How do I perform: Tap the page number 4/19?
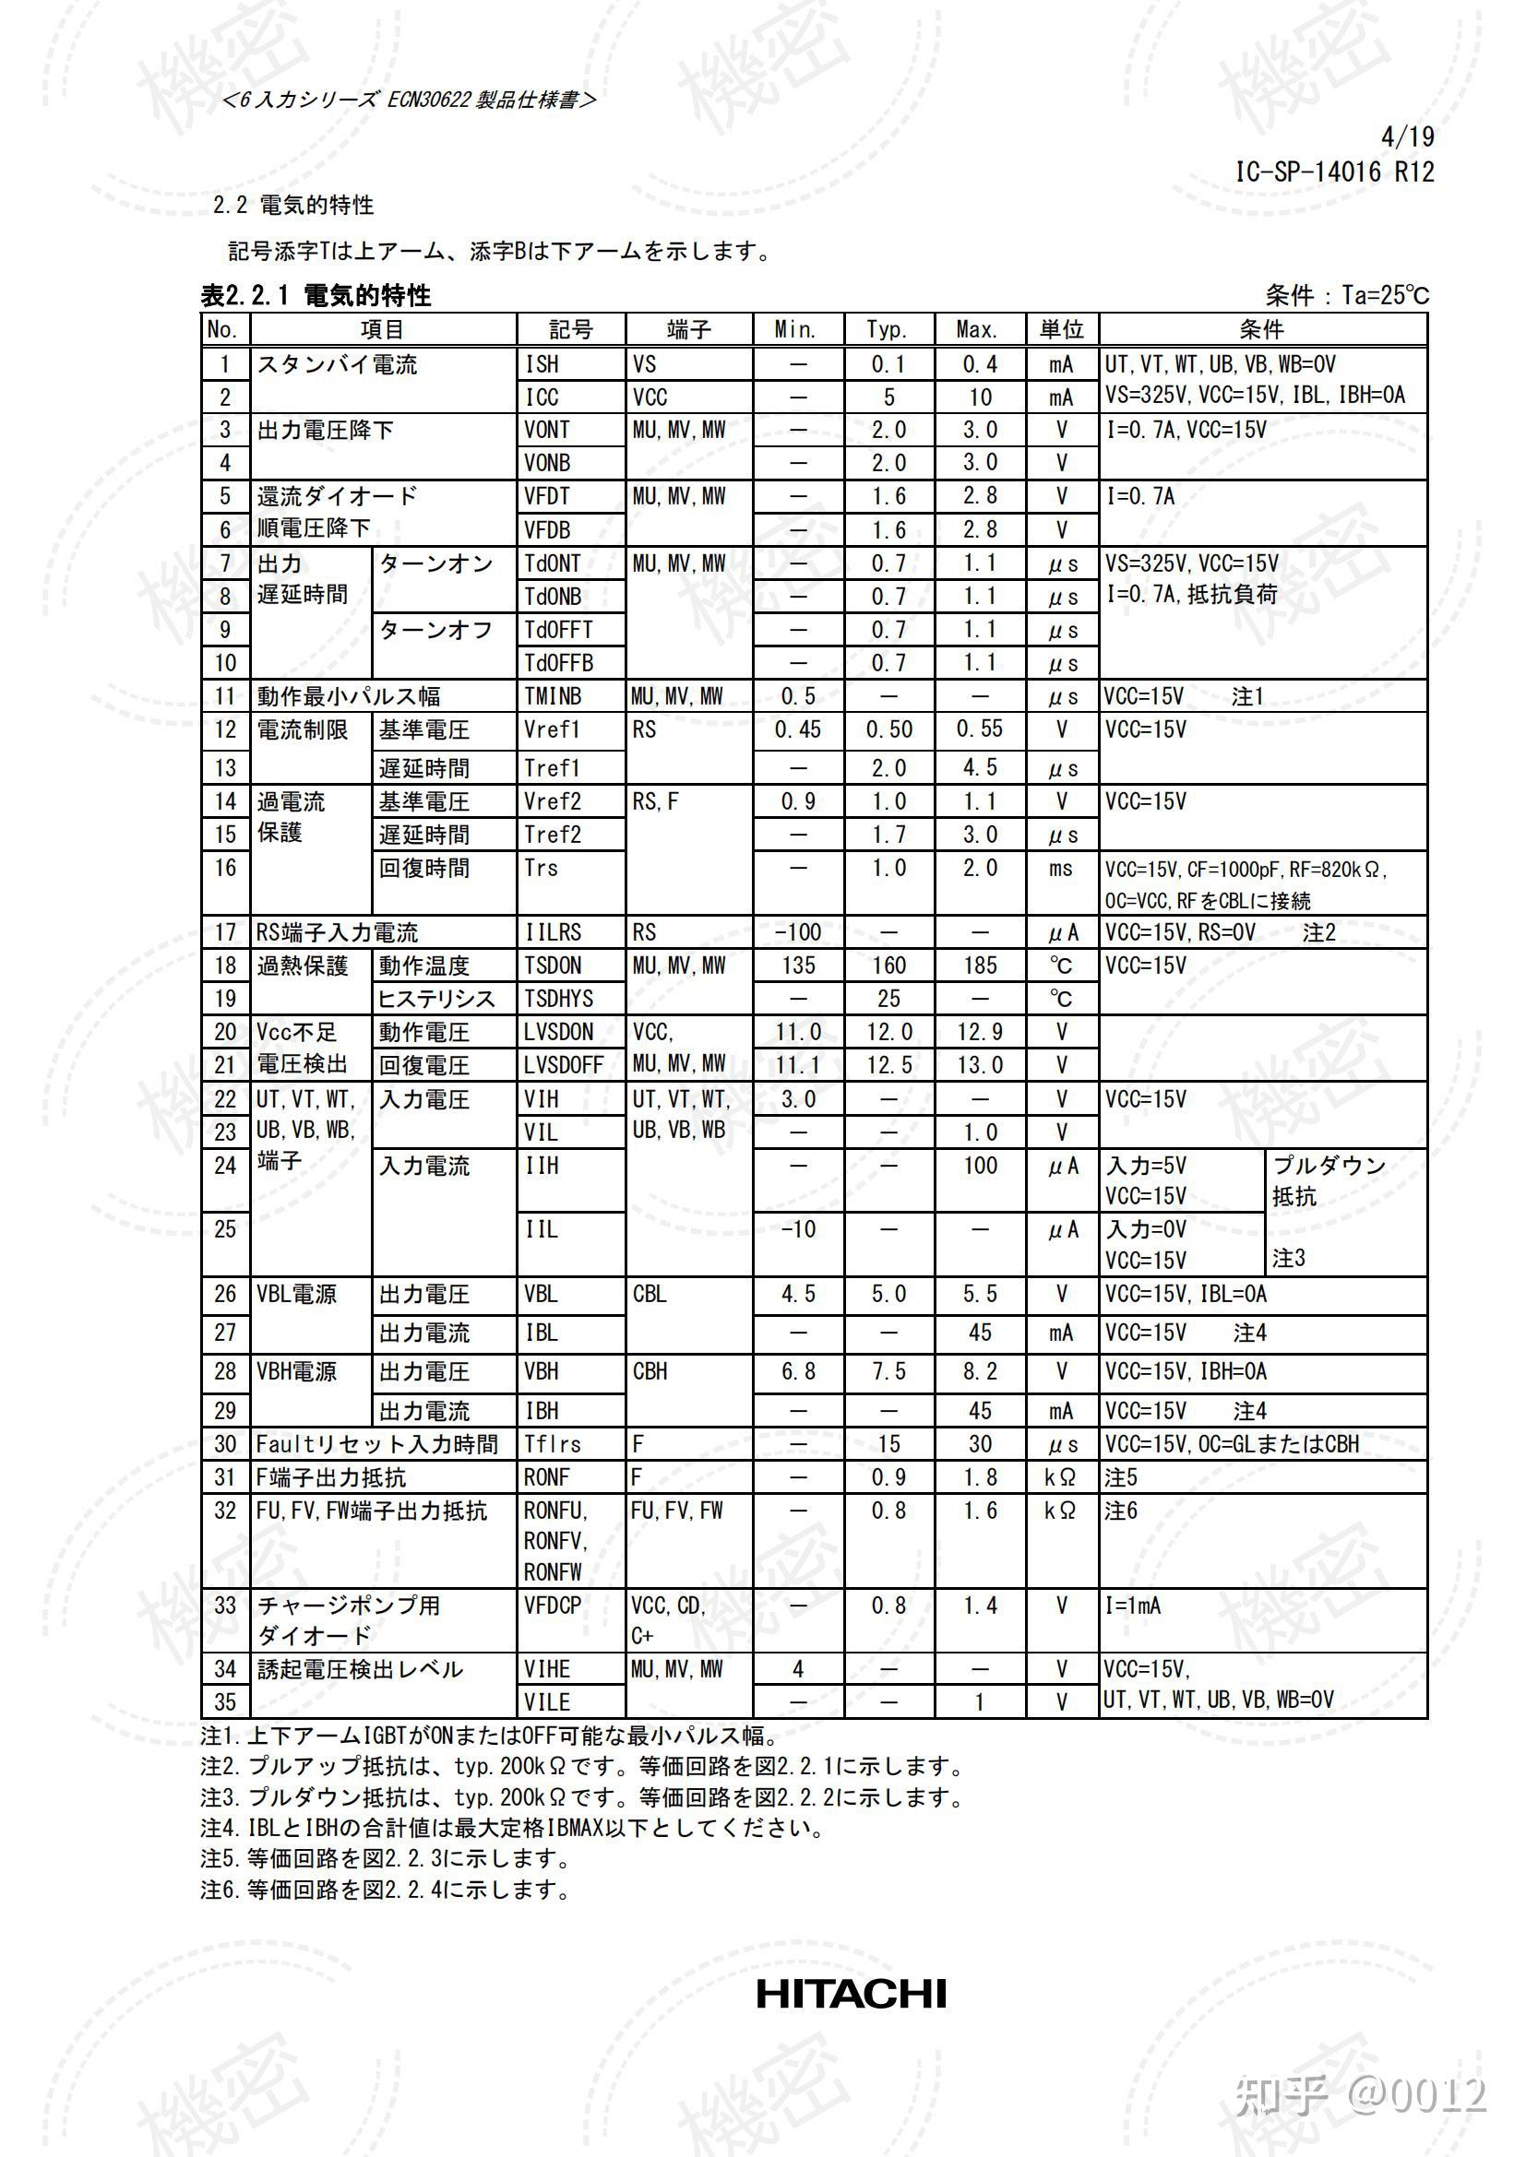pyautogui.click(x=1407, y=137)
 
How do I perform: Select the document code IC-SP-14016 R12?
pyautogui.click(x=1334, y=172)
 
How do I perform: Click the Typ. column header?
pyautogui.click(x=888, y=330)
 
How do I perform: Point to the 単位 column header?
pyautogui.click(x=1062, y=330)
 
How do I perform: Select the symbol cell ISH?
pyautogui.click(x=542, y=364)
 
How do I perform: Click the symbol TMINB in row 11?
pyautogui.click(x=553, y=696)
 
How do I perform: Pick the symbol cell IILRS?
pyautogui.click(x=554, y=932)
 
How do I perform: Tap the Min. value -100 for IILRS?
pyautogui.click(x=798, y=932)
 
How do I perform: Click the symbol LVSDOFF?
pyautogui.click(x=564, y=1065)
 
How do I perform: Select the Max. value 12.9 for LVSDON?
pyautogui.click(x=979, y=1033)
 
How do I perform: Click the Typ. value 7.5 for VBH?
pyautogui.click(x=888, y=1371)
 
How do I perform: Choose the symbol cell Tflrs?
pyautogui.click(x=553, y=1444)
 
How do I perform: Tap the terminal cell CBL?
pyautogui.click(x=650, y=1295)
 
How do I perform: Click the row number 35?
pyautogui.click(x=224, y=1701)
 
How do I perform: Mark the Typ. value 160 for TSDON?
pyautogui.click(x=888, y=966)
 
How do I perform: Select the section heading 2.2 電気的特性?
pyautogui.click(x=293, y=205)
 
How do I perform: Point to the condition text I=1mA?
pyautogui.click(x=1133, y=1606)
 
